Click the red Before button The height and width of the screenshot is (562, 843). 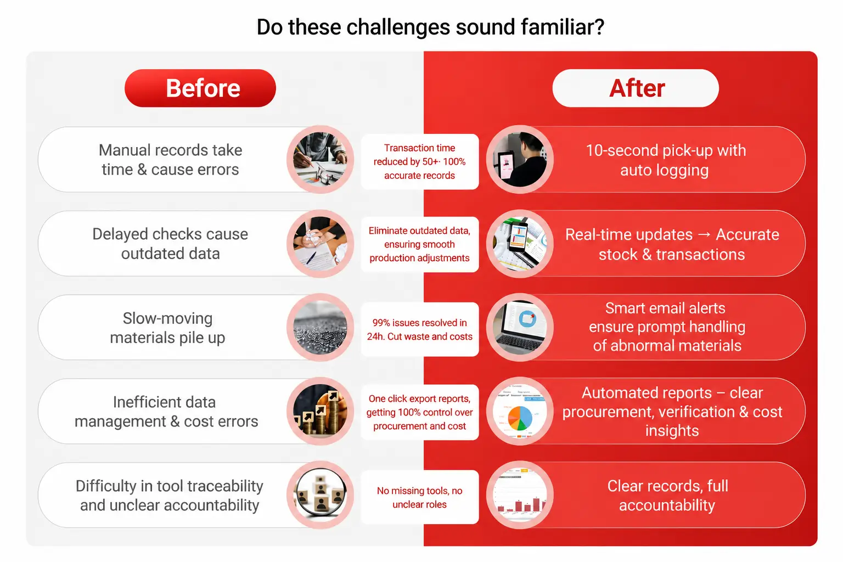(200, 88)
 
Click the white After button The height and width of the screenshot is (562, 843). (636, 88)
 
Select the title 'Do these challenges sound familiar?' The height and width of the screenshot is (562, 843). (430, 27)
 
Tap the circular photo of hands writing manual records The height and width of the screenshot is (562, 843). (321, 159)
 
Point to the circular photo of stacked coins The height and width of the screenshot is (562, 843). (321, 411)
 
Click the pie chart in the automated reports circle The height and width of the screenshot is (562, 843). (520, 418)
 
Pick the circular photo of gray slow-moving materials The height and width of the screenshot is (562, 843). (321, 327)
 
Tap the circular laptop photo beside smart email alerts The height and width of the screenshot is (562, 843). (520, 327)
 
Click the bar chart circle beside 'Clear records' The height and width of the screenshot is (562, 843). (520, 494)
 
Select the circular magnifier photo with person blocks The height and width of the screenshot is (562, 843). (321, 494)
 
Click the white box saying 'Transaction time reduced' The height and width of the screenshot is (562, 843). (420, 161)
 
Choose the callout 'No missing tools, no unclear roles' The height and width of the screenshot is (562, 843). (420, 497)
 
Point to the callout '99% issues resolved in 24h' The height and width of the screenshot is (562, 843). (420, 329)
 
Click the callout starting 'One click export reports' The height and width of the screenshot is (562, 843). (420, 412)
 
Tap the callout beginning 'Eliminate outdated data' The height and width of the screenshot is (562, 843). (420, 244)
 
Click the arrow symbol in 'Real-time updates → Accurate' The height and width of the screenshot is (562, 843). (704, 234)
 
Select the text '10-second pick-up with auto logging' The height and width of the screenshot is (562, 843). (666, 160)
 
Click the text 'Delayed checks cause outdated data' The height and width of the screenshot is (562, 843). (170, 244)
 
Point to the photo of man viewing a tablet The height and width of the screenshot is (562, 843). (520, 159)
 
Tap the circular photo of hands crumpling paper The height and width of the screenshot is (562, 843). (321, 244)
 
